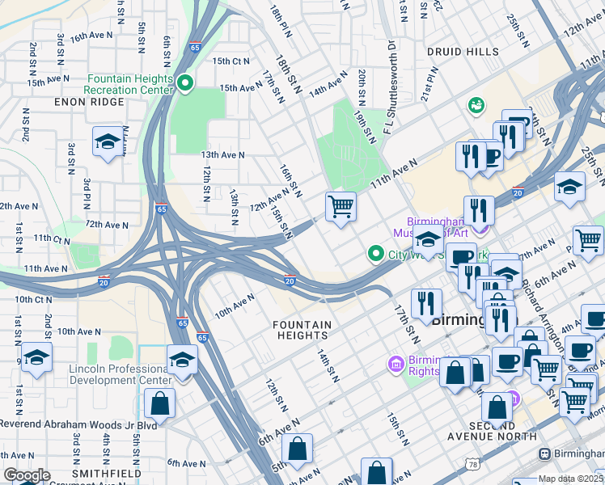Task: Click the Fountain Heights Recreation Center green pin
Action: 184,83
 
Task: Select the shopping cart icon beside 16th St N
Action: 341,207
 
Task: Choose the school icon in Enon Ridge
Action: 107,142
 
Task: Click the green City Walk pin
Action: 375,255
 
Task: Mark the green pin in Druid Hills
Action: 476,105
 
